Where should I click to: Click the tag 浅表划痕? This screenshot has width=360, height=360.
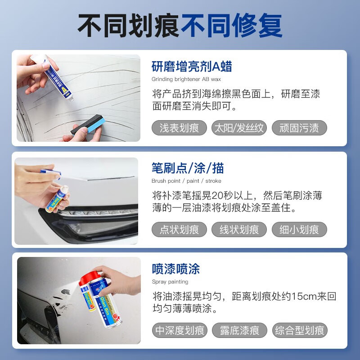coord(179,128)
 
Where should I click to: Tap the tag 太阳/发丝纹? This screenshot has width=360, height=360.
coord(238,128)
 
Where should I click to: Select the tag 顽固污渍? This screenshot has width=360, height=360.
coord(299,128)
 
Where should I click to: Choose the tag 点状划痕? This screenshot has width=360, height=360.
coord(179,229)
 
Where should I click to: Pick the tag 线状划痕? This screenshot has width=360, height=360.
coord(238,229)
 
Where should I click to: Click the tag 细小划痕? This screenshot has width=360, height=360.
coord(299,229)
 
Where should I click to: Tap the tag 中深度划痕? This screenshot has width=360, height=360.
coord(179,331)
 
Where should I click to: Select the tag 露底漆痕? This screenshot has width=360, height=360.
coord(239,331)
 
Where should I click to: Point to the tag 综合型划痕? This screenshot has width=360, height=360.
coord(300,331)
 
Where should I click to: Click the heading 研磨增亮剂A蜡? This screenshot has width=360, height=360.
coord(192,67)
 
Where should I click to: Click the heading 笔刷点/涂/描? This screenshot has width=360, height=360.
coord(188,168)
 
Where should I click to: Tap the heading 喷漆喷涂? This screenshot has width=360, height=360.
coord(175,270)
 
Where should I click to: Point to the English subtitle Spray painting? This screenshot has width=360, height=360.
coord(170,282)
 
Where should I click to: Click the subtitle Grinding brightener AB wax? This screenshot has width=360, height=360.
coord(186,79)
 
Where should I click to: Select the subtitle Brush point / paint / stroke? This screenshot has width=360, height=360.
coord(186,181)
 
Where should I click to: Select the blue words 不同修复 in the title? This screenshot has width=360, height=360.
coord(231,26)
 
